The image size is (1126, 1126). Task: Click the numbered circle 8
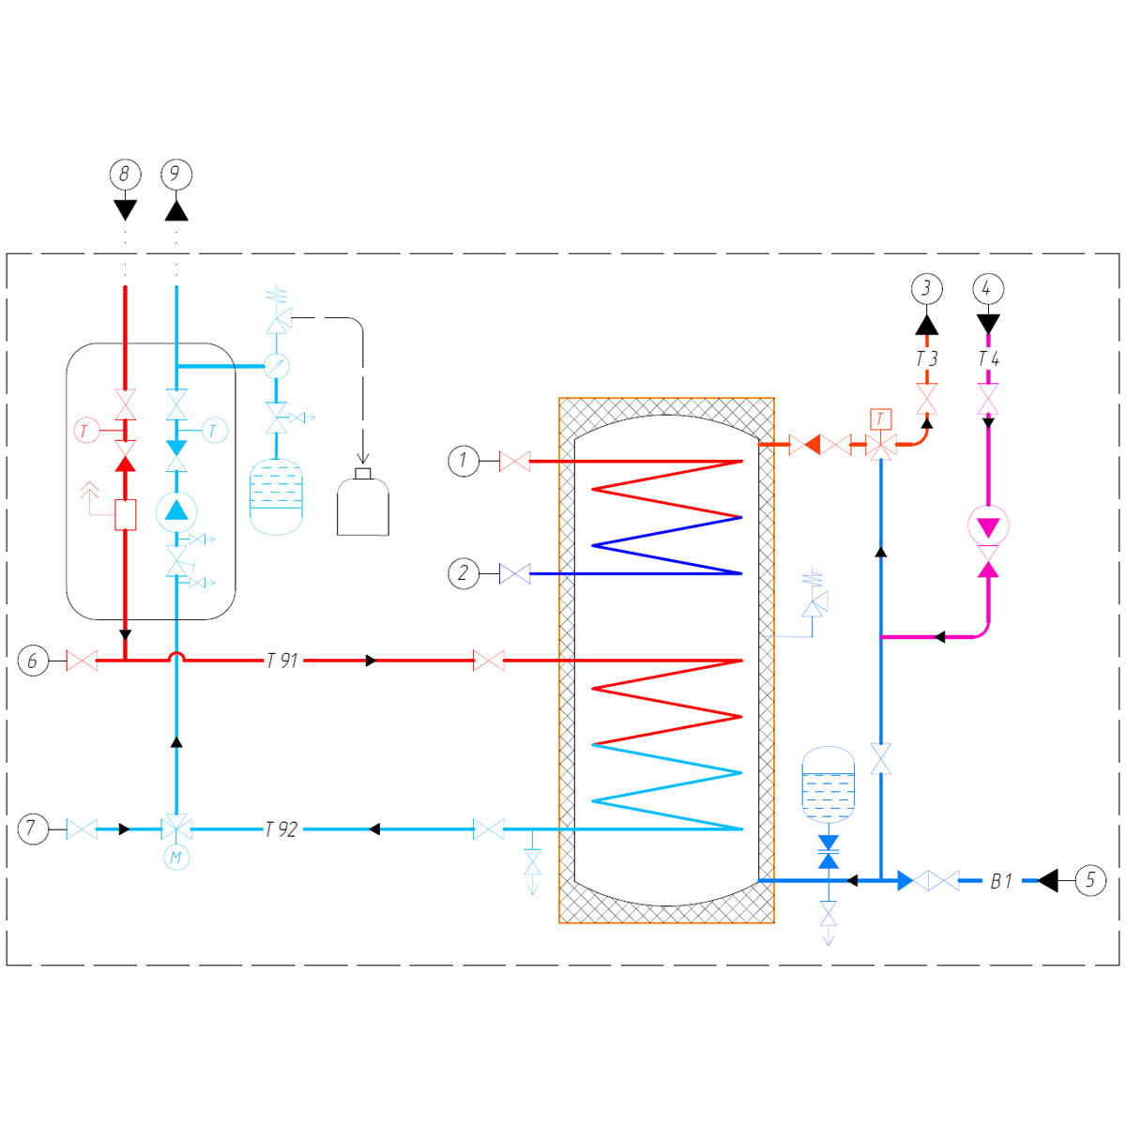point(125,175)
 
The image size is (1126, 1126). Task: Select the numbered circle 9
point(176,175)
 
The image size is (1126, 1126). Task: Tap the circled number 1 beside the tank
point(464,461)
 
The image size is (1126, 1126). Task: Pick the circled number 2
point(464,573)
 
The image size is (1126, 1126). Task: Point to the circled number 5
point(1090,880)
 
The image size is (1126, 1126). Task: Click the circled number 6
point(33,661)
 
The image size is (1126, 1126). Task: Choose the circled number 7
point(33,829)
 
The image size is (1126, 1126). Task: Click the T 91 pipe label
point(282,661)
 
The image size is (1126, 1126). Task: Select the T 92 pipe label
point(281,829)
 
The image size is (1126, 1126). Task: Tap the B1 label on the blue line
point(1001,880)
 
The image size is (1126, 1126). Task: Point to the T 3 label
point(927,358)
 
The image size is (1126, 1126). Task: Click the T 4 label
point(989,358)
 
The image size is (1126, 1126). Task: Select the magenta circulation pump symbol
point(988,525)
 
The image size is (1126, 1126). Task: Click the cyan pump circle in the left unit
point(176,511)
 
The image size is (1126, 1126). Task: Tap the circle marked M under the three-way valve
point(175,858)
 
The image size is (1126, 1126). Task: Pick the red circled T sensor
point(86,431)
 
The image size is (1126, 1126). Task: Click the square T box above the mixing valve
point(880,418)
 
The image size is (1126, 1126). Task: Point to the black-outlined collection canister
point(363,502)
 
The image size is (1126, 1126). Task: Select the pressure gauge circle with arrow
point(277,366)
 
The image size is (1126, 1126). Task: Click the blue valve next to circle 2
point(515,573)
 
